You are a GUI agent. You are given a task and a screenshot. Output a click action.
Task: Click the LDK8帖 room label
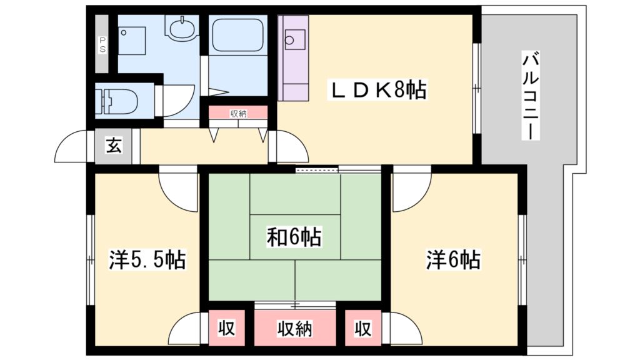pyautogui.click(x=377, y=92)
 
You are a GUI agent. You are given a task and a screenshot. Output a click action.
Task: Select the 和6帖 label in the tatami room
pyautogui.click(x=294, y=237)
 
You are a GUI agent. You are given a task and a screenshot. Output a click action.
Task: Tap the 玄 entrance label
pyautogui.click(x=113, y=146)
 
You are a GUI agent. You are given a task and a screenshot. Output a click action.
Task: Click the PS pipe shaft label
pyautogui.click(x=102, y=44)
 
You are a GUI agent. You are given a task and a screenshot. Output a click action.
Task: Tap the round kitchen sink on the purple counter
pyautogui.click(x=290, y=41)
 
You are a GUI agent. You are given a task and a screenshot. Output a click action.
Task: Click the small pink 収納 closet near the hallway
pyautogui.click(x=238, y=113)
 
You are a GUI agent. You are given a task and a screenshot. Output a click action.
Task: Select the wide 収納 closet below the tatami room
pyautogui.click(x=295, y=327)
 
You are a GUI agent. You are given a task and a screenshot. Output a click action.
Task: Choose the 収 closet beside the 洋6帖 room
pyautogui.click(x=362, y=327)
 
